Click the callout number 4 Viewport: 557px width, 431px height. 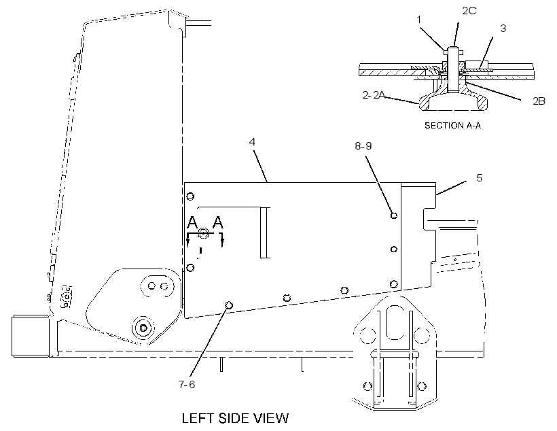(252, 142)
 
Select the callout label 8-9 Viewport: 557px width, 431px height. (363, 145)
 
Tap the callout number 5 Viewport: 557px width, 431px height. (479, 178)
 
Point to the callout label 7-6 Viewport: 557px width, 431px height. (187, 384)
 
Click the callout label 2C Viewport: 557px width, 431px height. (469, 11)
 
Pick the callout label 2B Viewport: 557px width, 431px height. (539, 101)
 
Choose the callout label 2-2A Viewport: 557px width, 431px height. (374, 95)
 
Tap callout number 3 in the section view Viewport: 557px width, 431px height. (503, 29)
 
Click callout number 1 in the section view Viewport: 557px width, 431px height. (419, 20)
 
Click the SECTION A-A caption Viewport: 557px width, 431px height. (453, 126)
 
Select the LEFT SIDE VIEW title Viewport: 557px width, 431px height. (235, 418)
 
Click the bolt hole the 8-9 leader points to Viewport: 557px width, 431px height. (393, 215)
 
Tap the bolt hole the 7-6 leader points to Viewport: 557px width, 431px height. (229, 305)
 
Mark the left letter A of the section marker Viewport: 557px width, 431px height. (192, 222)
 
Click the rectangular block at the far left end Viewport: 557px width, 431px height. (30, 335)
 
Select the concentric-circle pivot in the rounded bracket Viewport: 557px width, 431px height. (143, 328)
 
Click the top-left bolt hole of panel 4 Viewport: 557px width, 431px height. (190, 196)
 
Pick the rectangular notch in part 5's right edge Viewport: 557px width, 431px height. (429, 220)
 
